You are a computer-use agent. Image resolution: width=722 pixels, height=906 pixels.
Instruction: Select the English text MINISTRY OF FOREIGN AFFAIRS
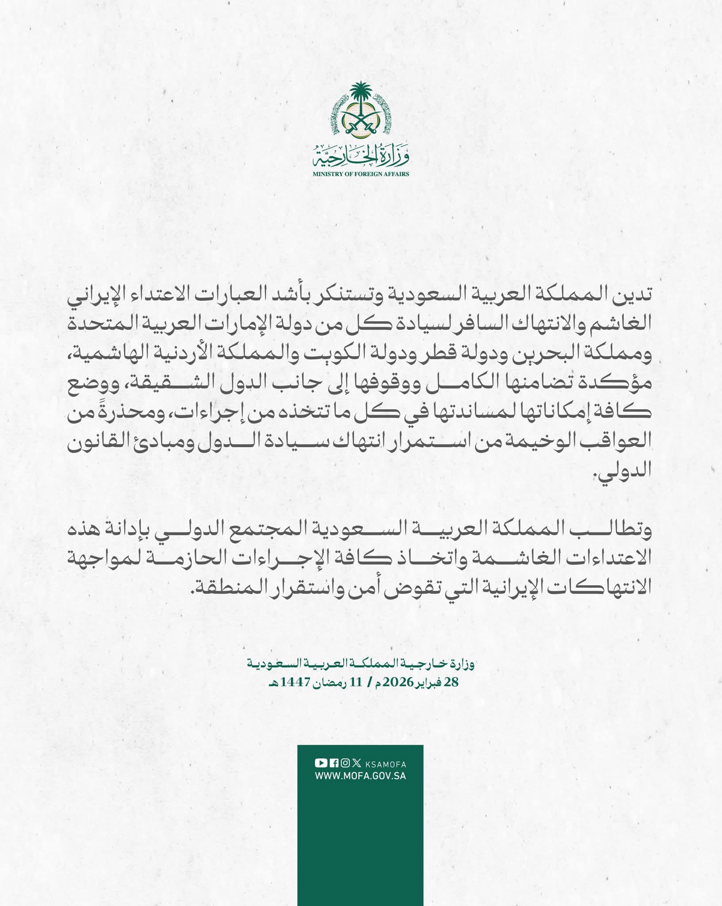click(360, 174)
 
